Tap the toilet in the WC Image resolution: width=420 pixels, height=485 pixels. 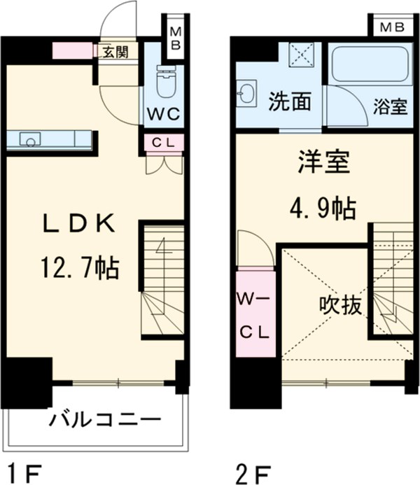pos(165,83)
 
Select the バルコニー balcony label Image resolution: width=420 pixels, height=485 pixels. pos(105,421)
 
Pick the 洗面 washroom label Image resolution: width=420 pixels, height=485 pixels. pos(290,102)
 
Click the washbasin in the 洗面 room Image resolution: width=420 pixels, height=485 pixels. pos(246,93)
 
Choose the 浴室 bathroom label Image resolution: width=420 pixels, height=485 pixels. pos(390,107)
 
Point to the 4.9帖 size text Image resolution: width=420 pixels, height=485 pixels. pos(321,206)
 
